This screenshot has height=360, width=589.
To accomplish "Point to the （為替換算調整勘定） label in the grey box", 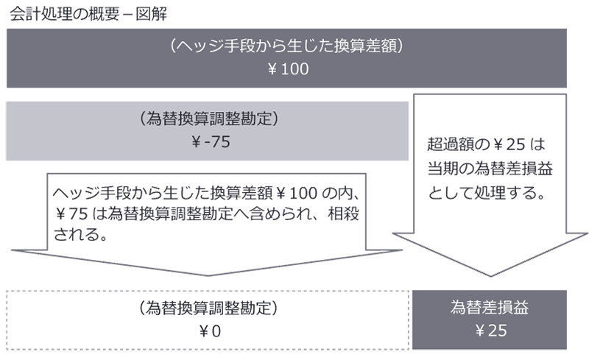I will click(x=209, y=119).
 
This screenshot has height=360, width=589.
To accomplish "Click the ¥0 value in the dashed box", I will click(x=209, y=331).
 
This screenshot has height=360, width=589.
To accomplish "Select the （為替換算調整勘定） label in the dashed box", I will click(x=209, y=307).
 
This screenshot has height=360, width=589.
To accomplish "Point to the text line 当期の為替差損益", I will click(x=490, y=169).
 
